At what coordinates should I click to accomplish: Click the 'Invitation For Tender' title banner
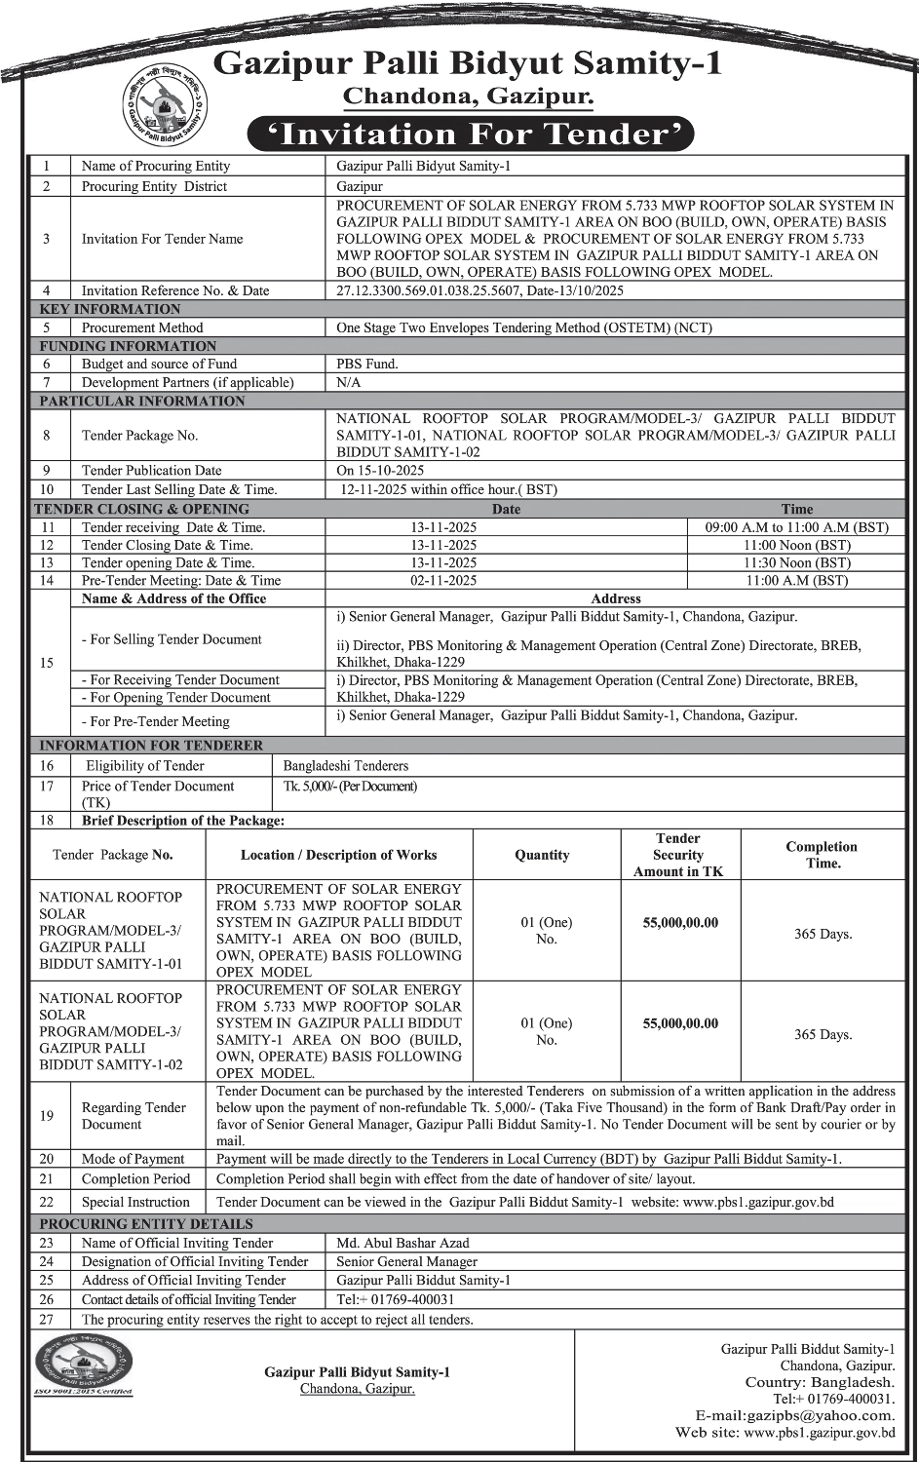click(x=470, y=134)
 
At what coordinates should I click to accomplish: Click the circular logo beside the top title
click(x=166, y=102)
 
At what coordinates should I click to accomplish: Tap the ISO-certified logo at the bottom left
click(x=84, y=1364)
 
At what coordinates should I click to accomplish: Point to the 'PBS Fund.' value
click(x=367, y=364)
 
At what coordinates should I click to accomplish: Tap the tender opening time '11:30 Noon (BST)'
click(x=796, y=562)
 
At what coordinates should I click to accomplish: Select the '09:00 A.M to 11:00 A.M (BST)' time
click(x=796, y=527)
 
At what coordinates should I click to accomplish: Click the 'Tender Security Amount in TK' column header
click(x=678, y=855)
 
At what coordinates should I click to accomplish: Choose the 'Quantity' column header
click(x=542, y=855)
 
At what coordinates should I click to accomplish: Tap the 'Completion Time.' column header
click(x=822, y=855)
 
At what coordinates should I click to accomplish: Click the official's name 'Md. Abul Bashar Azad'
click(x=402, y=1243)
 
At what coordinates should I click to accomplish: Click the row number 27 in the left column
click(x=47, y=1319)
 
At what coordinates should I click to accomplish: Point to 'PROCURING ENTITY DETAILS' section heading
click(x=146, y=1224)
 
